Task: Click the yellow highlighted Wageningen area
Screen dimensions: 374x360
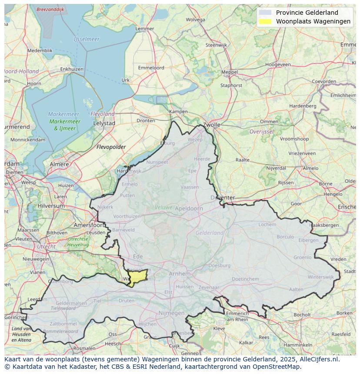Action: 139,277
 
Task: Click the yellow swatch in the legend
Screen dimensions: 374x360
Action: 264,21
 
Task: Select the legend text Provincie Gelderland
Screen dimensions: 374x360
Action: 307,13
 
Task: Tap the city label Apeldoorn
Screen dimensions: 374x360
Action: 189,209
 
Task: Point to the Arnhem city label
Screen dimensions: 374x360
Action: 180,274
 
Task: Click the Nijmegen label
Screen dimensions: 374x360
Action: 171,313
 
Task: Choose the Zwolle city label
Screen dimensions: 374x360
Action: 212,125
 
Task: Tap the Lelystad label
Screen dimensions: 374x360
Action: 104,123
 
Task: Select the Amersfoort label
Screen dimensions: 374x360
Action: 90,225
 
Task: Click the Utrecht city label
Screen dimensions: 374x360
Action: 46,246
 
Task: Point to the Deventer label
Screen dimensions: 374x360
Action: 223,198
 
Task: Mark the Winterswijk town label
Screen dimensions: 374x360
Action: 320,277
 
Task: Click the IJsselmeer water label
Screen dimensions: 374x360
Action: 87,39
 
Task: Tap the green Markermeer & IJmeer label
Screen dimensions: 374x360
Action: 64,125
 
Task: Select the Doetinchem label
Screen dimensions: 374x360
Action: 245,279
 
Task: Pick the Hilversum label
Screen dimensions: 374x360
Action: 51,206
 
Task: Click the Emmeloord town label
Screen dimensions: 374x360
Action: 151,68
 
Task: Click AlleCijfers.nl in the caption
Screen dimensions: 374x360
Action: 320,359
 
